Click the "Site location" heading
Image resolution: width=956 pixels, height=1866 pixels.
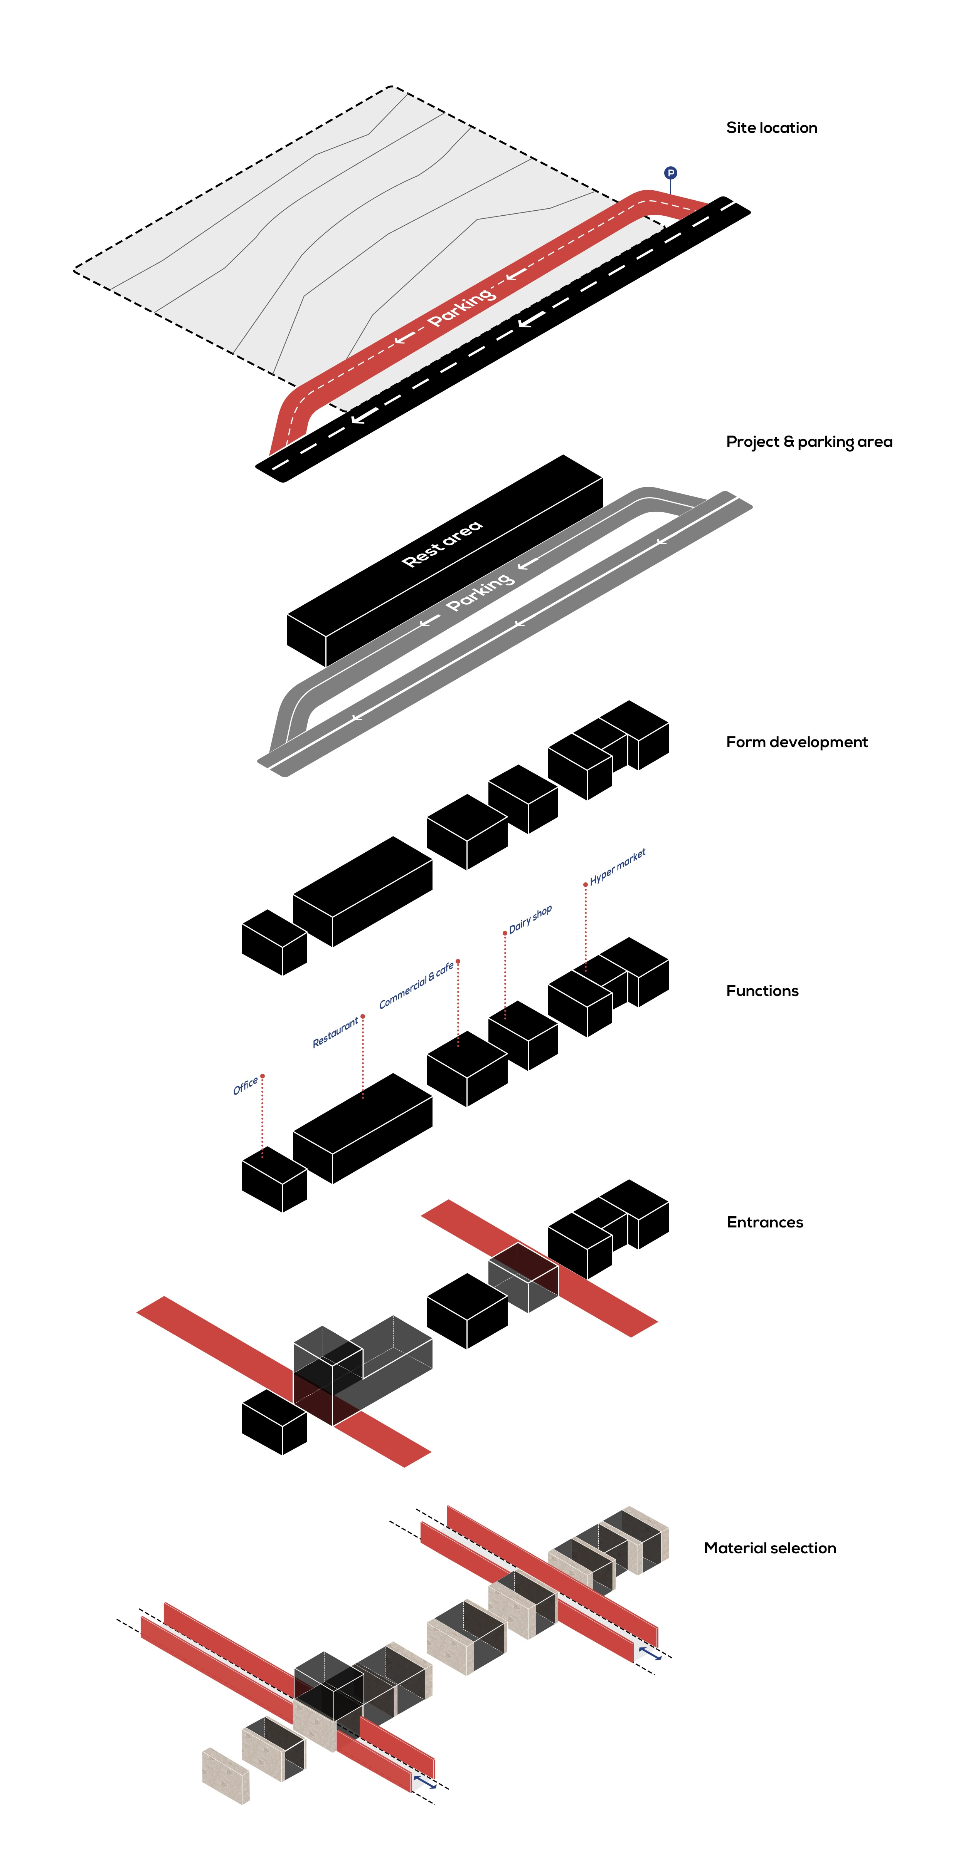(771, 127)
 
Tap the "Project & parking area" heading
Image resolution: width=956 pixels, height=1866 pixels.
(809, 442)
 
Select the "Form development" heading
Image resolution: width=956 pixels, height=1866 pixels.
(796, 742)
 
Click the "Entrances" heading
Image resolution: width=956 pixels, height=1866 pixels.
(765, 1222)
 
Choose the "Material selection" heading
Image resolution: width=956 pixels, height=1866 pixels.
(770, 1548)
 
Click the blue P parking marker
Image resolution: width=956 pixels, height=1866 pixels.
(670, 173)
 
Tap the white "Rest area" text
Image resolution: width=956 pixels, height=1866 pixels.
(442, 543)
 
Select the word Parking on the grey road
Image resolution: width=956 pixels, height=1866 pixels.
(480, 592)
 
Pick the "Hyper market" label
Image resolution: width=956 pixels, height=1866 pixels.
(618, 866)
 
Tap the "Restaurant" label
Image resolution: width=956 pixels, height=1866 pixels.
(336, 1032)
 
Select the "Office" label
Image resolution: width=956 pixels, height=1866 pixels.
(246, 1086)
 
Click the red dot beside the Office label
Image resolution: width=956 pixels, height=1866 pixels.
(263, 1076)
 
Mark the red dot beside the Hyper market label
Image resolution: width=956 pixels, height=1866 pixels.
(586, 884)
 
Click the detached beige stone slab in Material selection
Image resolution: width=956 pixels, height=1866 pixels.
(226, 1775)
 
